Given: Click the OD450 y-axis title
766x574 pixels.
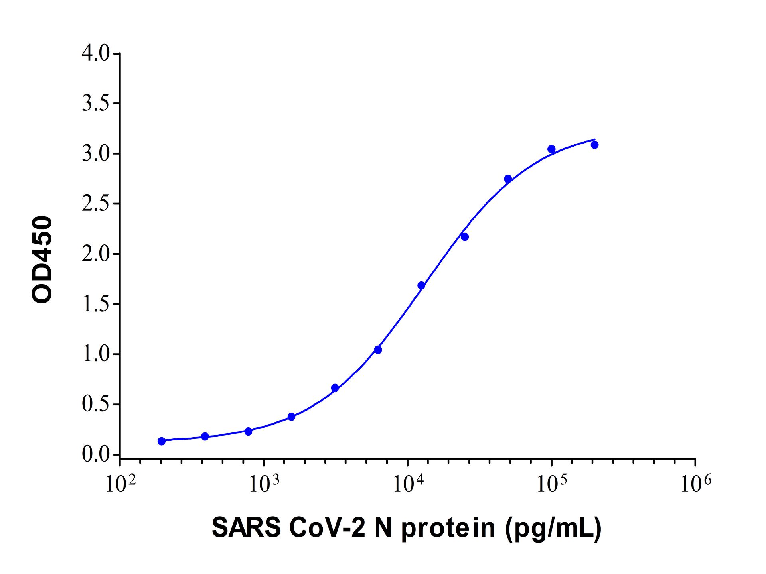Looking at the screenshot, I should point(42,259).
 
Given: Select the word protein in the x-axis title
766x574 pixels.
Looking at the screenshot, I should point(448,529).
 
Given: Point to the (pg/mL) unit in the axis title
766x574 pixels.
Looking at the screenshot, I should point(553,529).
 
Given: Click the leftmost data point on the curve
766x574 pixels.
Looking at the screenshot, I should point(162,441).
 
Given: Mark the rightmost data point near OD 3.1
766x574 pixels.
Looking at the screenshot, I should point(594,145).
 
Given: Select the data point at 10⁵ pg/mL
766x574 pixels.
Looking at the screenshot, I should point(551,149).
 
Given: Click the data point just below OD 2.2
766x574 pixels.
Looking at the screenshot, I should point(465,237).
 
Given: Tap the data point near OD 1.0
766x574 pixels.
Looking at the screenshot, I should point(378,350).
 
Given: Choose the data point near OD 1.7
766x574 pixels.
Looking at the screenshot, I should point(421,285).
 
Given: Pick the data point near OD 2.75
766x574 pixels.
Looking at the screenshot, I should point(508,179).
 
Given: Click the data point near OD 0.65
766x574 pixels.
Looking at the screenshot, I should point(335,388).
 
